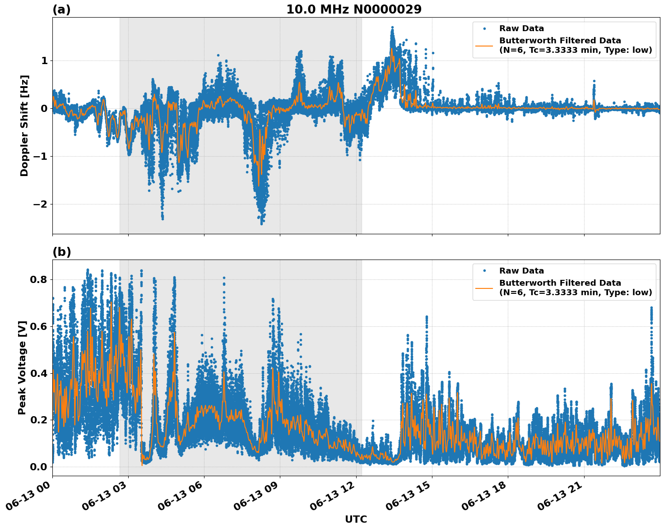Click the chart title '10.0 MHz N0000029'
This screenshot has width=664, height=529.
353,9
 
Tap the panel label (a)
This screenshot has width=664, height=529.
61,9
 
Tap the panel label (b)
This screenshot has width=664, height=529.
61,252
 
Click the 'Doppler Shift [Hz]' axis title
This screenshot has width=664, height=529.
24,125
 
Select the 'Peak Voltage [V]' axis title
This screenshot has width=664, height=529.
22,367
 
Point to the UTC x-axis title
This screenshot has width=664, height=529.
356,519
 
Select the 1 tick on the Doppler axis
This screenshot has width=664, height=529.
44,60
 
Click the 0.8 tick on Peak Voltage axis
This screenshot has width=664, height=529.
39,279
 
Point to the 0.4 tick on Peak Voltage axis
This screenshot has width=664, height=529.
39,373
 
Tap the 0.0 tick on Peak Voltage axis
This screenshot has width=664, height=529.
39,467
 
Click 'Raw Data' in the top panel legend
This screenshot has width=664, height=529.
521,28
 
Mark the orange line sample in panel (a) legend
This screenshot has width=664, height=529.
484,45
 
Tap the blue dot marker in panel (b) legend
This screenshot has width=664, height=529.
484,271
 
